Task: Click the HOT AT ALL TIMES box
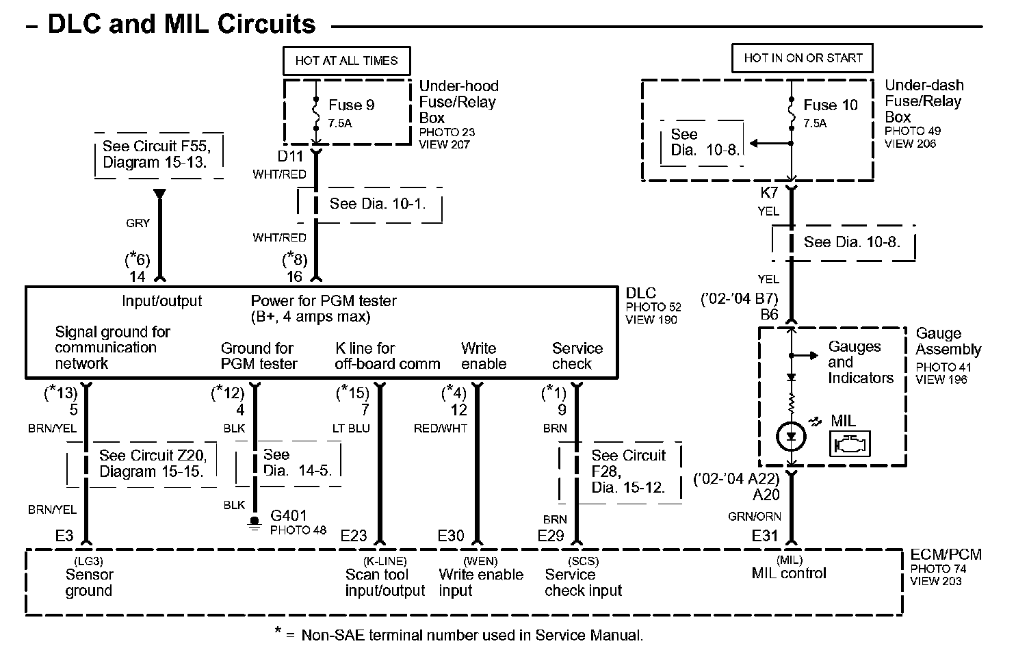(346, 60)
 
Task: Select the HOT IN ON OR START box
(803, 58)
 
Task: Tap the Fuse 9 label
(351, 105)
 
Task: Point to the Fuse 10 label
(830, 105)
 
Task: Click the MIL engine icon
(849, 445)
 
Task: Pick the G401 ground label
(289, 516)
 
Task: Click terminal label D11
(291, 157)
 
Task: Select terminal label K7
(769, 193)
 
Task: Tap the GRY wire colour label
(138, 223)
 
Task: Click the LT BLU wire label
(350, 428)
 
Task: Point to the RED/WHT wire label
(441, 428)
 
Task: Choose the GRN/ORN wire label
(755, 517)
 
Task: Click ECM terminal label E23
(354, 536)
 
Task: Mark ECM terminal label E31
(765, 536)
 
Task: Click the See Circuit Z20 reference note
(152, 463)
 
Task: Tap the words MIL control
(789, 573)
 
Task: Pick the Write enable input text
(480, 582)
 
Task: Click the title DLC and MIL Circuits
(181, 25)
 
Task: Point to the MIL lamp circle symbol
(792, 437)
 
